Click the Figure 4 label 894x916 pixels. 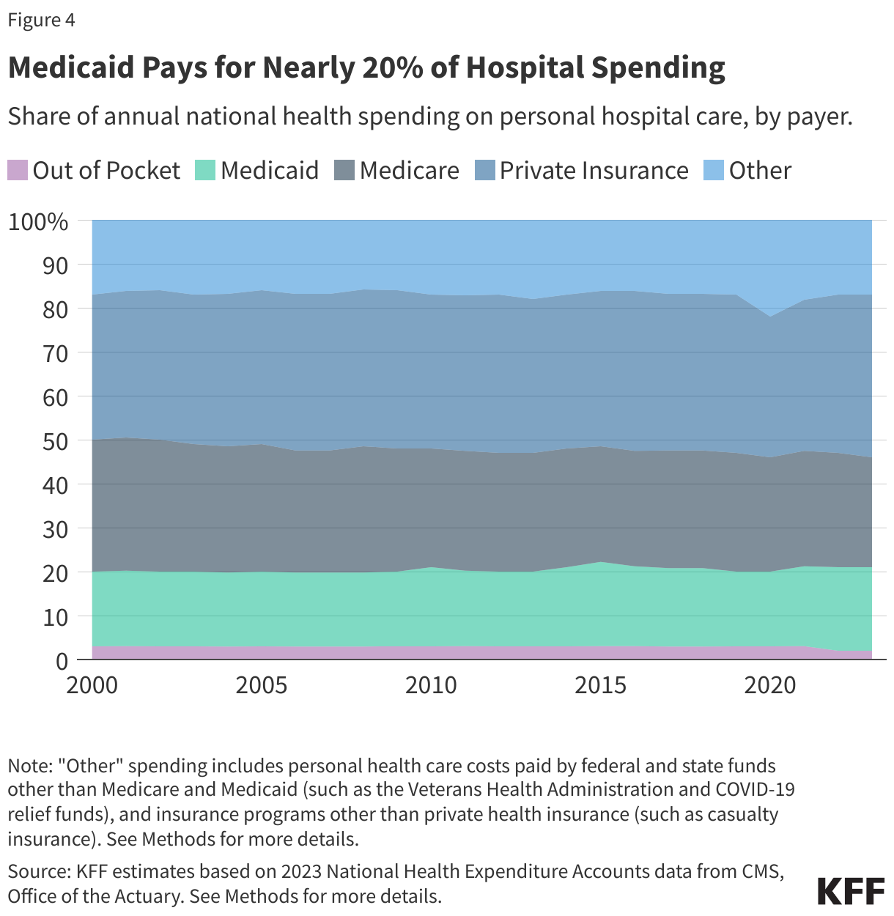pyautogui.click(x=41, y=20)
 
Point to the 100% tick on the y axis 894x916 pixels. pyautogui.click(x=38, y=221)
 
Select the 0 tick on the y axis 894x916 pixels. pyautogui.click(x=62, y=661)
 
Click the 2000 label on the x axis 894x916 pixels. pyautogui.click(x=92, y=685)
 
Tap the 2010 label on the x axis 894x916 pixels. pyautogui.click(x=431, y=685)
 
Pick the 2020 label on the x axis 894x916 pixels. pyautogui.click(x=770, y=685)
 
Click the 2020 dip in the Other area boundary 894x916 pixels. pyautogui.click(x=770, y=317)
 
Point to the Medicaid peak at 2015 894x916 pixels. pyautogui.click(x=601, y=562)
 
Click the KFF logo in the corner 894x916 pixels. pyautogui.click(x=851, y=892)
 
